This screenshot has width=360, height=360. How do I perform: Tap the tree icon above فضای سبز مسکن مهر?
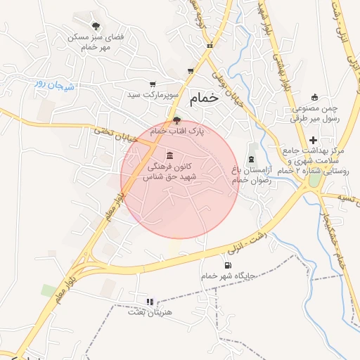click(86, 25)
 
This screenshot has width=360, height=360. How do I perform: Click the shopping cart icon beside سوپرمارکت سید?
click(153, 84)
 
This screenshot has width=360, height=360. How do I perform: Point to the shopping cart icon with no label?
click(191, 71)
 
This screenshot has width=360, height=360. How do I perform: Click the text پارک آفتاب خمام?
click(177, 131)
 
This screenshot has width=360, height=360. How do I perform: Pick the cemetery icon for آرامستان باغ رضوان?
click(252, 155)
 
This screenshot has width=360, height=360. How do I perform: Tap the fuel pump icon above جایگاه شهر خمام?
click(226, 265)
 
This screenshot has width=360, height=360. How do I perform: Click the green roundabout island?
click(314, 179)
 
